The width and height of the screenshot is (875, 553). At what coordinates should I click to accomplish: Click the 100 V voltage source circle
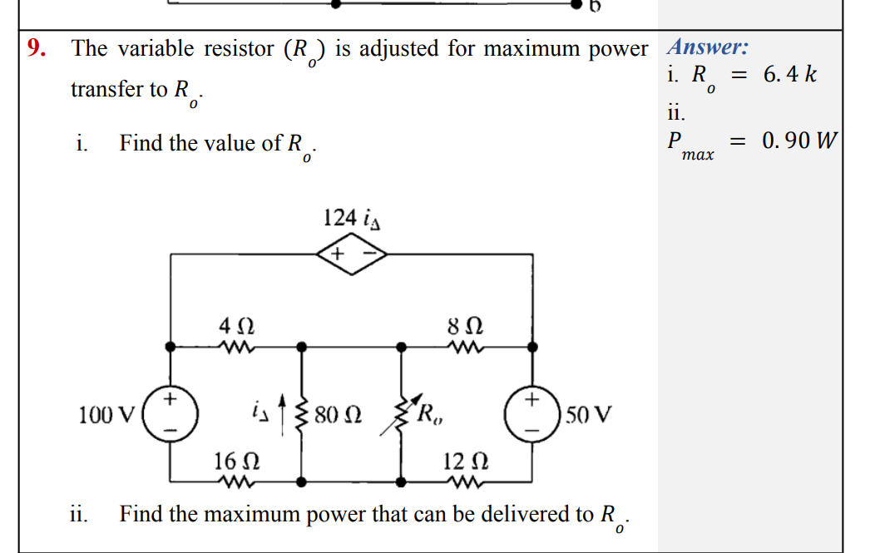(171, 412)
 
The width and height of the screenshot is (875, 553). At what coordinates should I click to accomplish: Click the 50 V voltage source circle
(532, 412)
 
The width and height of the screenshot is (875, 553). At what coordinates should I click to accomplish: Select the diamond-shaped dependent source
(351, 254)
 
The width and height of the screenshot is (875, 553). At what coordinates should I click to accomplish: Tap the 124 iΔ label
(352, 220)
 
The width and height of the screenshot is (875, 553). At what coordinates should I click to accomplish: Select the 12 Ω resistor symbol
(464, 481)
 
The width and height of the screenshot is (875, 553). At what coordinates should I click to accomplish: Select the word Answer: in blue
(709, 47)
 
